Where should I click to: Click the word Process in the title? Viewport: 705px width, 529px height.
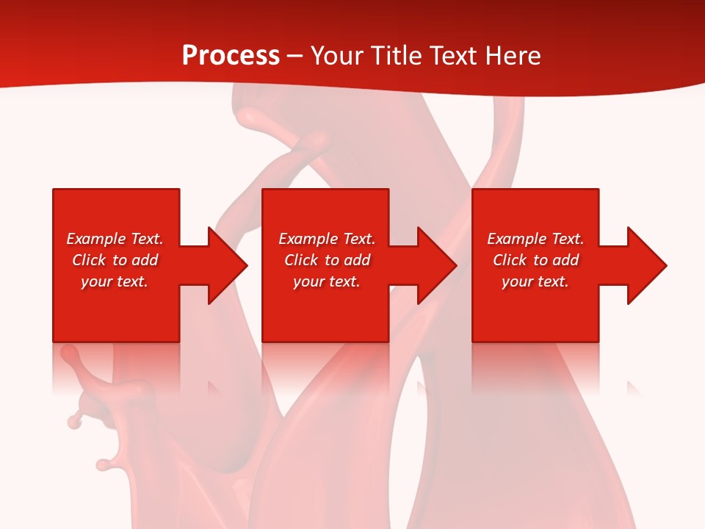(x=231, y=56)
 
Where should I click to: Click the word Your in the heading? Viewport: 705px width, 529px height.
(x=337, y=56)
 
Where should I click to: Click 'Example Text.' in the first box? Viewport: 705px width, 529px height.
(x=115, y=239)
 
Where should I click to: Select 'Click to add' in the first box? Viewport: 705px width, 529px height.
(x=115, y=260)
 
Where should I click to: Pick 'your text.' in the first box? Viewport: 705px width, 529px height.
(x=115, y=281)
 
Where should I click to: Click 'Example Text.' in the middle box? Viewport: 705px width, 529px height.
(x=327, y=239)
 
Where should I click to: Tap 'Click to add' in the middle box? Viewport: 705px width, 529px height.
(x=327, y=260)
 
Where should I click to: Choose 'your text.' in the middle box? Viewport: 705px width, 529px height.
(x=327, y=281)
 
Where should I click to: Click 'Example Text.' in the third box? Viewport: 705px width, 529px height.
(x=535, y=239)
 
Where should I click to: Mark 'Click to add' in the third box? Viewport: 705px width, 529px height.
(x=535, y=260)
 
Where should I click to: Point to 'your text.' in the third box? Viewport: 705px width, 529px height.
(x=535, y=281)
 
